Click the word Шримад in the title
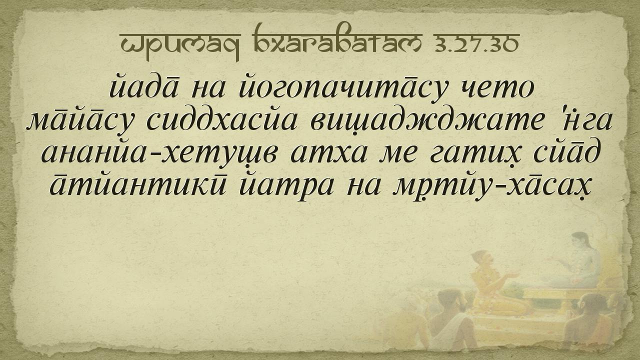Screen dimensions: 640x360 pos(180,45)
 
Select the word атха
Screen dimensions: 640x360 pos(328,153)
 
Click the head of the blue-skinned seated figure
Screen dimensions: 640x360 pos(580,241)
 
